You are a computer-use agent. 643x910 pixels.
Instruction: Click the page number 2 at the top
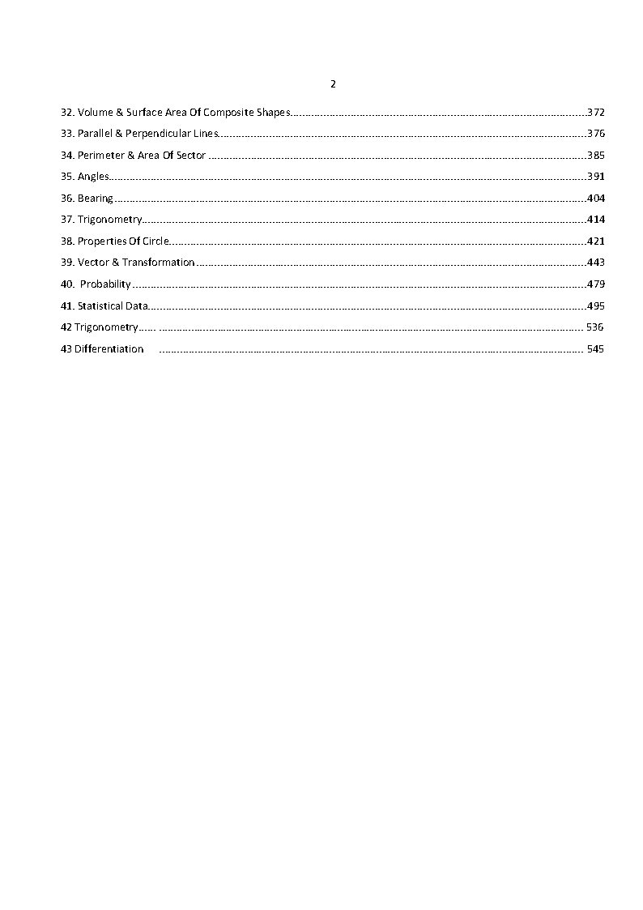(x=333, y=84)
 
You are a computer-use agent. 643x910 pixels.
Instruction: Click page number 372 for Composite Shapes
(x=596, y=112)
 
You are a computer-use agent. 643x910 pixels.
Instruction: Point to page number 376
(x=596, y=134)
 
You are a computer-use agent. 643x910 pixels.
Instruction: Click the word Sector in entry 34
(x=191, y=155)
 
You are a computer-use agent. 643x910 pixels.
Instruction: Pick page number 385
(x=596, y=155)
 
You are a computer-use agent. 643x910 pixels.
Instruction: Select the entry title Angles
(x=93, y=177)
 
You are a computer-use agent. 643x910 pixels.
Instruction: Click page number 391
(x=596, y=177)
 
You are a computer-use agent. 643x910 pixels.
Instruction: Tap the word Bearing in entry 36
(x=96, y=199)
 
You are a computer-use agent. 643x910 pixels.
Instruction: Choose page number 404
(x=596, y=199)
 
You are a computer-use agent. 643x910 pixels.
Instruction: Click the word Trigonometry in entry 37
(x=110, y=220)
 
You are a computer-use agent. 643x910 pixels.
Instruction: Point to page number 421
(x=596, y=241)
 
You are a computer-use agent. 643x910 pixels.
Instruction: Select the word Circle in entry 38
(x=156, y=241)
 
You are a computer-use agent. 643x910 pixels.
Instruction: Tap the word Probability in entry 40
(x=105, y=284)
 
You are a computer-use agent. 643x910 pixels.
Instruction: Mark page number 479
(x=596, y=284)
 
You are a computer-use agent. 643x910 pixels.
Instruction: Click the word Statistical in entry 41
(x=100, y=306)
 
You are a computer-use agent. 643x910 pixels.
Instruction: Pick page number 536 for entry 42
(x=594, y=327)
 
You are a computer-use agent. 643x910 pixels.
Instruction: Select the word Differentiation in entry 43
(x=109, y=349)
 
